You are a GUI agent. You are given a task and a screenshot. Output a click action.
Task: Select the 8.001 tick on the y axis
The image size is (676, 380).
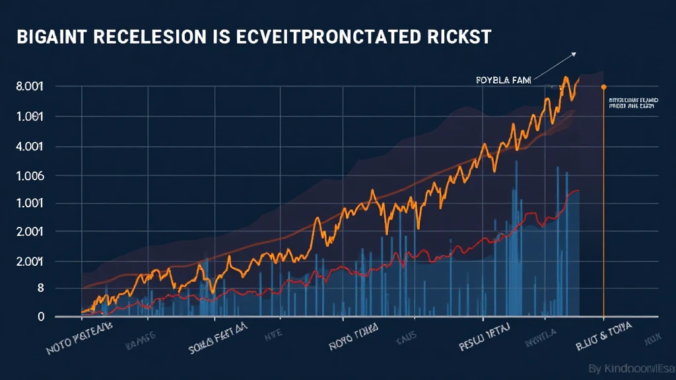pyautogui.click(x=29, y=86)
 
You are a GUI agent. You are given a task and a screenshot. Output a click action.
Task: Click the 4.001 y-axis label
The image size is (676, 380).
pyautogui.click(x=29, y=146)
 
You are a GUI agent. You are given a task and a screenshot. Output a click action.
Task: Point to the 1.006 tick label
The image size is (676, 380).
pyautogui.click(x=29, y=176)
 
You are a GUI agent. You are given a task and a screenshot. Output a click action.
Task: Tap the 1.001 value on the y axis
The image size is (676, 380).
pyautogui.click(x=29, y=204)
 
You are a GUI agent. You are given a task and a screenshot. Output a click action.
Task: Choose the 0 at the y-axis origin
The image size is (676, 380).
pyautogui.click(x=40, y=317)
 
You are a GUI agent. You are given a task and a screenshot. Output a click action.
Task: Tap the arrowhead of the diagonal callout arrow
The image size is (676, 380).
pyautogui.click(x=574, y=54)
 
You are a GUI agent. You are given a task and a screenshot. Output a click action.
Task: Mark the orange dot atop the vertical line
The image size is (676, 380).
pyautogui.click(x=603, y=86)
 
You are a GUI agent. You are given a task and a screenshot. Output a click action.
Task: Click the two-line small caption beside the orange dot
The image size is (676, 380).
pyautogui.click(x=632, y=102)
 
